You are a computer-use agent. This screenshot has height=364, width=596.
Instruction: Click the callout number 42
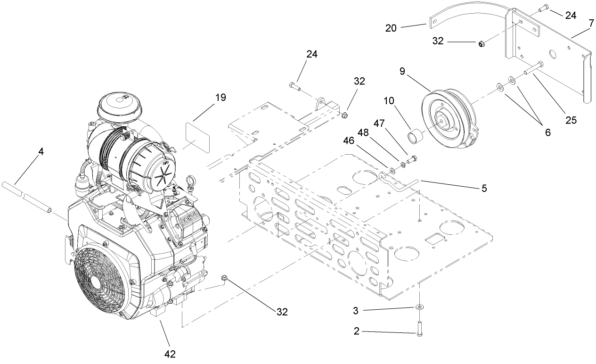coord(170,354)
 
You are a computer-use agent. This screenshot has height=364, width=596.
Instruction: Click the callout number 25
coord(571,120)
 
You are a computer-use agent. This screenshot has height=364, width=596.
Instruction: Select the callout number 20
coord(391,28)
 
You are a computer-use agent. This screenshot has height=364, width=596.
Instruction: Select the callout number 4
coord(41,152)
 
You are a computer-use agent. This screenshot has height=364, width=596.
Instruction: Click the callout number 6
coord(547,133)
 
